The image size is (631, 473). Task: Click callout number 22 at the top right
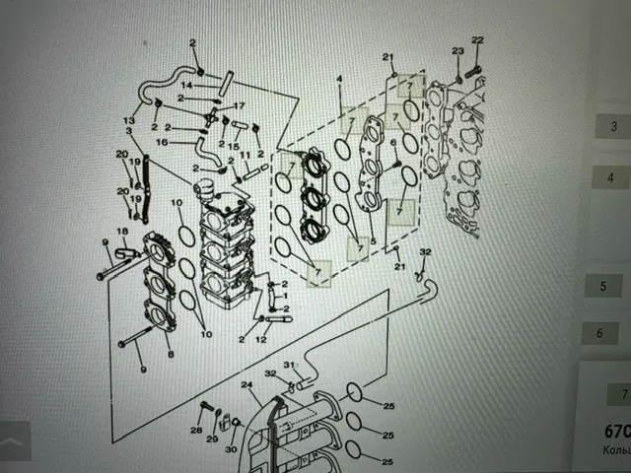pyautogui.click(x=477, y=40)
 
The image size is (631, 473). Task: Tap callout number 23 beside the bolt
pyautogui.click(x=457, y=50)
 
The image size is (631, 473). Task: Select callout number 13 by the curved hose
pyautogui.click(x=128, y=119)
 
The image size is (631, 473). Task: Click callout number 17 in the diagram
pyautogui.click(x=238, y=106)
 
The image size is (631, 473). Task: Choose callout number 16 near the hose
pyautogui.click(x=163, y=142)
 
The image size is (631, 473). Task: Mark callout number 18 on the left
pyautogui.click(x=123, y=232)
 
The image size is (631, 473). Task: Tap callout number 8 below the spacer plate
pyautogui.click(x=170, y=353)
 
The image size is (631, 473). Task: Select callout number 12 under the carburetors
pyautogui.click(x=262, y=339)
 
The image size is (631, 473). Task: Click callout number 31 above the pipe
pyautogui.click(x=290, y=366)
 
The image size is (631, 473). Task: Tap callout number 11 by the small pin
pyautogui.click(x=245, y=157)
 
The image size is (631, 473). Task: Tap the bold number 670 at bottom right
pyautogui.click(x=617, y=432)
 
